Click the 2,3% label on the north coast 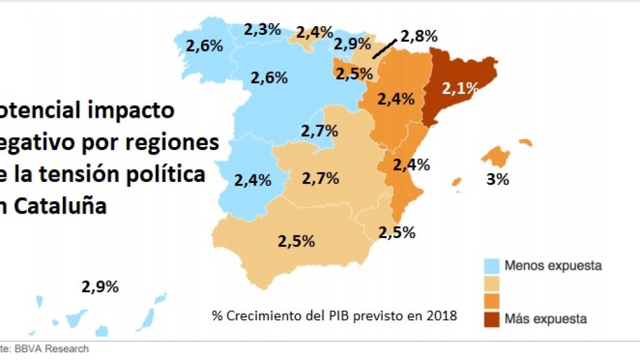(262, 29)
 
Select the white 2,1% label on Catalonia (459, 88)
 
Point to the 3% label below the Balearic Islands (497, 179)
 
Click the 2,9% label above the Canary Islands (100, 287)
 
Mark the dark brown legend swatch (492, 318)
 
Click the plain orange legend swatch (492, 301)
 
